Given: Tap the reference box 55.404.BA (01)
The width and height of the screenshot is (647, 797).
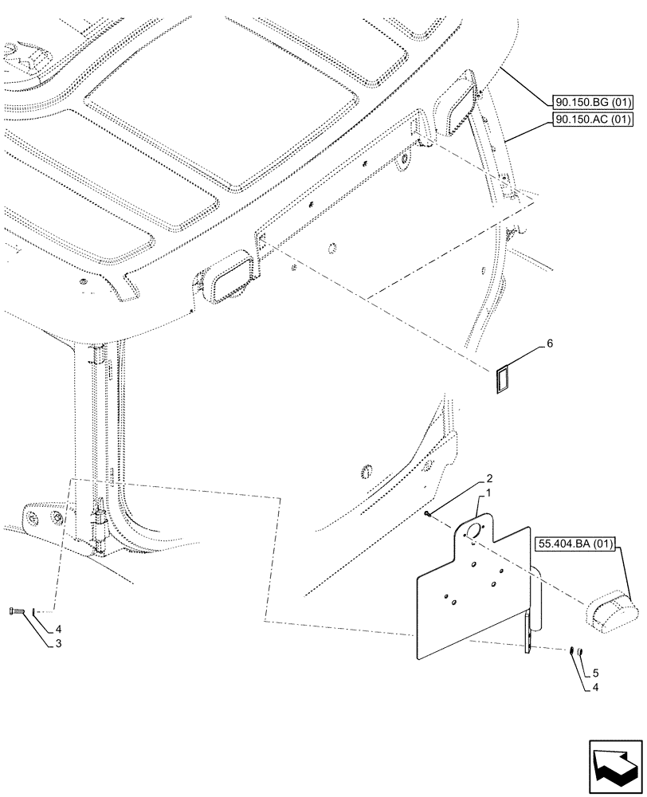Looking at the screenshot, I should tap(576, 546).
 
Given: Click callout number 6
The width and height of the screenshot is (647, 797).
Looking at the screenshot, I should tap(549, 344).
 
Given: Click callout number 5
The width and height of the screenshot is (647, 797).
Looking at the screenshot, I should tap(594, 673).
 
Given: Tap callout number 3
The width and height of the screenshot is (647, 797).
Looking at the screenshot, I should tap(57, 640).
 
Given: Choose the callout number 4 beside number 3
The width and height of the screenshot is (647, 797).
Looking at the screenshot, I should tap(57, 627).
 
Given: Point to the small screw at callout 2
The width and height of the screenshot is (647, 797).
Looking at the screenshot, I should tap(429, 514).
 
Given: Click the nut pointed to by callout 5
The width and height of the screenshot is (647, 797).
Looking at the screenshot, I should tap(580, 653).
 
